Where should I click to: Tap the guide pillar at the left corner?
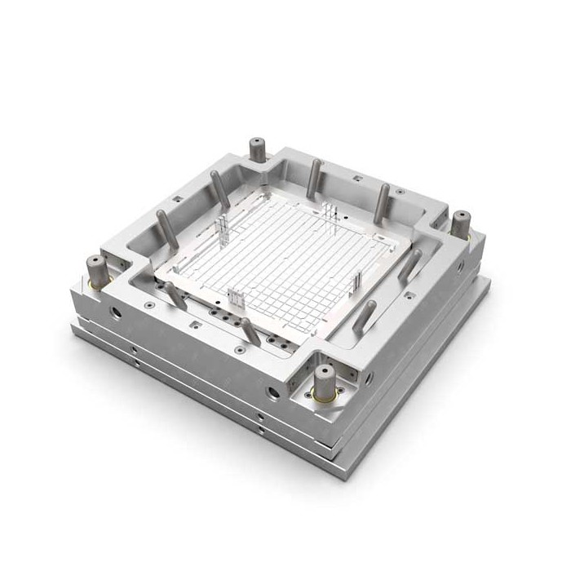click(96, 269)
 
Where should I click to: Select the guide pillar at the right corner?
click(461, 223)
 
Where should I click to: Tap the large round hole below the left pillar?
click(115, 312)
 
